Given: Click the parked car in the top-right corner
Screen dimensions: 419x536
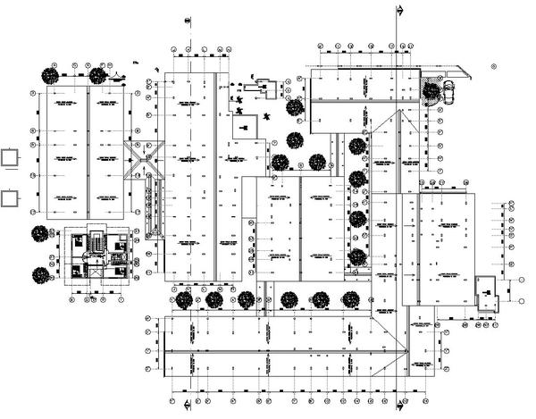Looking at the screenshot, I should tap(448, 88).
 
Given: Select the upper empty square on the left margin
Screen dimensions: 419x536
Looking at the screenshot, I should tap(11, 158).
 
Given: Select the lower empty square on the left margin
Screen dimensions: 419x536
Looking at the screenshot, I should tap(11, 197).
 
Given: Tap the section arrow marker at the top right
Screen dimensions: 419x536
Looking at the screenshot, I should tap(398, 8).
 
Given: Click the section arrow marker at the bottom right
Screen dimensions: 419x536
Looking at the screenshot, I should tap(398, 407).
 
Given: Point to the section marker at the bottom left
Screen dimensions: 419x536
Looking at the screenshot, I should tap(186, 407).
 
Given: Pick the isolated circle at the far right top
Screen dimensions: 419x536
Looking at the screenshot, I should tap(494, 64).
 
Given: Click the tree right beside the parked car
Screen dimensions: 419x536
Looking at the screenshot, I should tap(432, 89).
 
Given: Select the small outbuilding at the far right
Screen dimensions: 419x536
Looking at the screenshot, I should tap(488, 293).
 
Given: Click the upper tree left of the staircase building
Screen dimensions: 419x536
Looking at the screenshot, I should tap(40, 234).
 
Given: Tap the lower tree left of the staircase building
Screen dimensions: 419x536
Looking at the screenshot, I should tap(40, 275).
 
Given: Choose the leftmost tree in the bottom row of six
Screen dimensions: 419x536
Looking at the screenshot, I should tap(183, 299).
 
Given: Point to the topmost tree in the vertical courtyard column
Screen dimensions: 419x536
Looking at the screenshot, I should tap(357, 147).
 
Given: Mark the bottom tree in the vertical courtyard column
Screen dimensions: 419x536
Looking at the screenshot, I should tap(357, 257).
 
